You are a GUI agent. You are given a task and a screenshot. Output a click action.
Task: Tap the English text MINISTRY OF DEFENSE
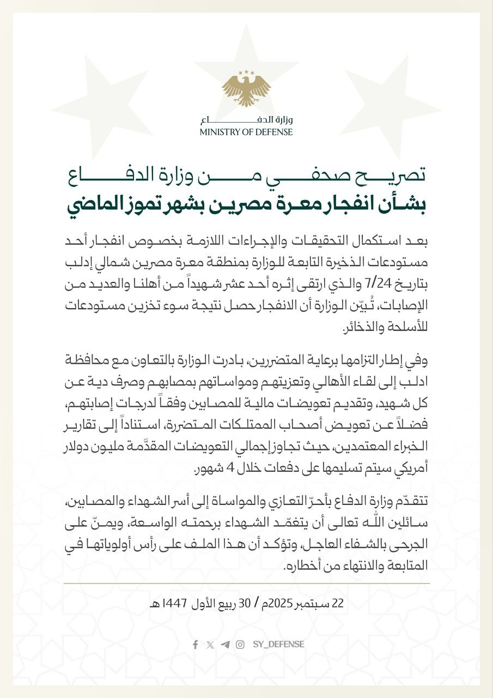point(246,132)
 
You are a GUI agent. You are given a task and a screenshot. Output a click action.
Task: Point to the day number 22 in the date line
point(338,603)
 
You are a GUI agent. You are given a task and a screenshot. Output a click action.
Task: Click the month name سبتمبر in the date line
point(313,603)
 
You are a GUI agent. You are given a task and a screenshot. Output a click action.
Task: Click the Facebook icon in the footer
point(195,645)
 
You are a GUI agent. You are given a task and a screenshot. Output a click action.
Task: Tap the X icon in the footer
point(210,645)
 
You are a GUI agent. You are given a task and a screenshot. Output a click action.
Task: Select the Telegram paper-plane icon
point(225,645)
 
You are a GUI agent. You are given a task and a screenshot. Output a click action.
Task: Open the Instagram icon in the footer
point(240,645)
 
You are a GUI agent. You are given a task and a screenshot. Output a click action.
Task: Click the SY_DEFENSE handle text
point(278,645)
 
